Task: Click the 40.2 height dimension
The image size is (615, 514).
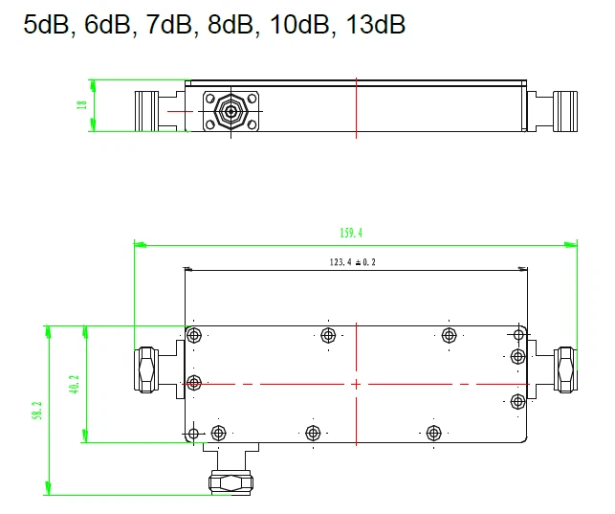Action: (75, 384)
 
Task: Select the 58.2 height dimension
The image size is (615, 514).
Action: (37, 411)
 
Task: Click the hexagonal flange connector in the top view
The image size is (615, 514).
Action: (231, 112)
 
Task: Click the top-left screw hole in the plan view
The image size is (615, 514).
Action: (195, 335)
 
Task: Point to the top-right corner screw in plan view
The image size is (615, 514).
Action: (518, 335)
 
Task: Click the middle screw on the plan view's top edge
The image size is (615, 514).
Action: (329, 335)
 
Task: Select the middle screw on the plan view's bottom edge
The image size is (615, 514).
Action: (311, 432)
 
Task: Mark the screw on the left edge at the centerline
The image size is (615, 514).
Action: (195, 383)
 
